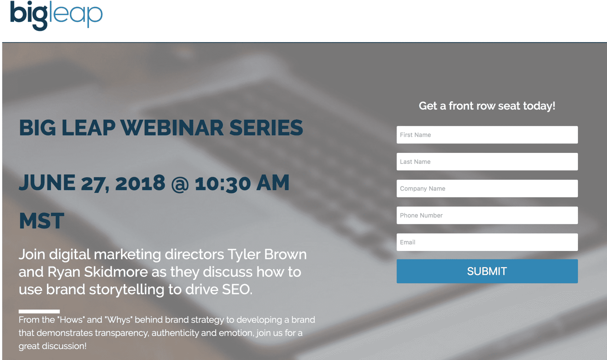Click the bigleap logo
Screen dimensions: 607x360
point(56,15)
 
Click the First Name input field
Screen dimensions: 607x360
point(487,135)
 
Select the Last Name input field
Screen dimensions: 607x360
point(487,162)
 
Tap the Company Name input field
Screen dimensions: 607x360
point(487,188)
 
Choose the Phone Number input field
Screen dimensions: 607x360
point(487,215)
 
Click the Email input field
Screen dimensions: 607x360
point(487,242)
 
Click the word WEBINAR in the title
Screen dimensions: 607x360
point(172,128)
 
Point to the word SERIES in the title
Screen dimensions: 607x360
point(266,128)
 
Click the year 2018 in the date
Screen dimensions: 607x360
point(140,183)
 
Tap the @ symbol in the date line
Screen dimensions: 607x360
point(180,184)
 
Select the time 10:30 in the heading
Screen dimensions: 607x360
point(223,184)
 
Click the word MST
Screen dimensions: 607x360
point(41,221)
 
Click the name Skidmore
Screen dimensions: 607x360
point(116,272)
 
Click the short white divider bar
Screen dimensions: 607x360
point(39,311)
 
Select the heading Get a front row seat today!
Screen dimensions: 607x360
point(487,106)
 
